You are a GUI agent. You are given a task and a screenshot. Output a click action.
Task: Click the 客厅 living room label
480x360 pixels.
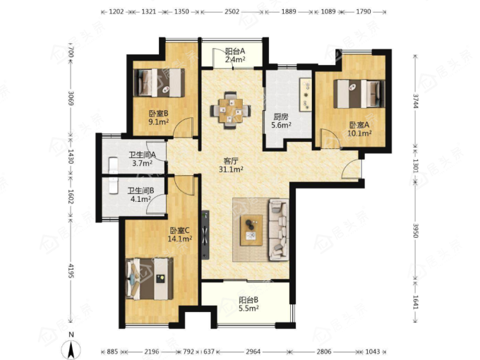click(231, 161)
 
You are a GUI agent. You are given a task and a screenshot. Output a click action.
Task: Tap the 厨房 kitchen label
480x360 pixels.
click(280, 117)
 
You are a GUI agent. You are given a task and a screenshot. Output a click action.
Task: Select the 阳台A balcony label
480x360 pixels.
click(235, 51)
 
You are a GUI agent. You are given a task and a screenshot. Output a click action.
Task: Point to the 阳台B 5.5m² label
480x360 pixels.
click(248, 304)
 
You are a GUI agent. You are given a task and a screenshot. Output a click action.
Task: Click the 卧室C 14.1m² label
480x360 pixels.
click(180, 234)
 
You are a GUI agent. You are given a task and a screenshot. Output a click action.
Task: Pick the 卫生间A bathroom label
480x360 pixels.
click(142, 155)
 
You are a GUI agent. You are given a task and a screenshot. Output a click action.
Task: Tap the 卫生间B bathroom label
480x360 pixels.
click(140, 191)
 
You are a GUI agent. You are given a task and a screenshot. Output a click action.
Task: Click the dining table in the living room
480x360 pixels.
click(231, 110)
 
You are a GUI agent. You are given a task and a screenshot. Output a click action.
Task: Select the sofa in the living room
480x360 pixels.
click(279, 229)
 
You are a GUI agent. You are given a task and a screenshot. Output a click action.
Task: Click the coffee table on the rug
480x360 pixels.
click(251, 230)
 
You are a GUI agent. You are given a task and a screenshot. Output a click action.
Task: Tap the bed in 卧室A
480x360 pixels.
click(359, 94)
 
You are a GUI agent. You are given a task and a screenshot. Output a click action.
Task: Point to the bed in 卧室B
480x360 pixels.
click(160, 83)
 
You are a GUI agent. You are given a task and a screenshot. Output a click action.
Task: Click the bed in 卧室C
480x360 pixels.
click(150, 279)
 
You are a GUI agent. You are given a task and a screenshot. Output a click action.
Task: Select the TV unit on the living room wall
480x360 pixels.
click(205, 234)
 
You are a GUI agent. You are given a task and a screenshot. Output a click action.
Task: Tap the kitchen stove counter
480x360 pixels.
click(306, 95)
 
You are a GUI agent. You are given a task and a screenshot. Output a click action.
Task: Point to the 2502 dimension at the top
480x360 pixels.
click(232, 12)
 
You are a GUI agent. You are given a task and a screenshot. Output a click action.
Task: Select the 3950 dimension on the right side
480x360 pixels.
click(415, 231)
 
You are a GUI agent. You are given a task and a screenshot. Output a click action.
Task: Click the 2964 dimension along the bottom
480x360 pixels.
click(253, 352)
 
